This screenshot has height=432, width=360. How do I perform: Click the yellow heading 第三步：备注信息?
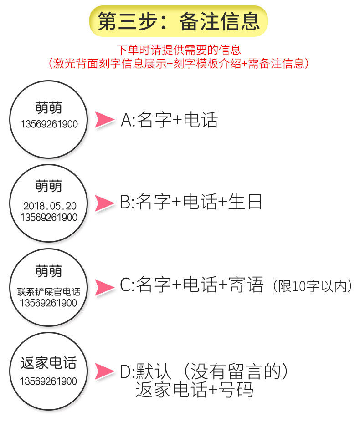(179, 21)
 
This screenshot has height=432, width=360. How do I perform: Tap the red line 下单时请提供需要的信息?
(179, 49)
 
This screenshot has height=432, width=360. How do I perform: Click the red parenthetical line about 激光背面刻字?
(179, 63)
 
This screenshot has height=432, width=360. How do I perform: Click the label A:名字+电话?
(169, 120)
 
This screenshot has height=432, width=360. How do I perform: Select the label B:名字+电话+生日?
(191, 202)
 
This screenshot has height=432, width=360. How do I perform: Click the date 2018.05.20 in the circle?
(50, 206)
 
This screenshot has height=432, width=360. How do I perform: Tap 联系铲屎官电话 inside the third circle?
(49, 291)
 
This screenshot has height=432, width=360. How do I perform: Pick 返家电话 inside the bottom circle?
(49, 363)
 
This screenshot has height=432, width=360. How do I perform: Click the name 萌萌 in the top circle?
(49, 107)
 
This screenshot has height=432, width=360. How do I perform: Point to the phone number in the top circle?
(49, 124)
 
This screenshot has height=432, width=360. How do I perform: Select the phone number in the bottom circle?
(49, 381)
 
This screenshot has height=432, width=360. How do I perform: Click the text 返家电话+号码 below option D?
(194, 390)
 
